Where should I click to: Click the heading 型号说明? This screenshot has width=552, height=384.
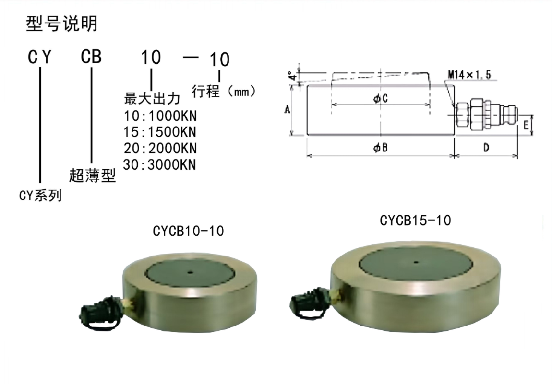point(61,24)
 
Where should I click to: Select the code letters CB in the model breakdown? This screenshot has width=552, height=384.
point(91,57)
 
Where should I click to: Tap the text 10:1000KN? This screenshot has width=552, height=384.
point(160,116)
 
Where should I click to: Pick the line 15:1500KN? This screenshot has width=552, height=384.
point(160,132)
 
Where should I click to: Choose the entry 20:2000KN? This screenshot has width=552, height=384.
point(160,148)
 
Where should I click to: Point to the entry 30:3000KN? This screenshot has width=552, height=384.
point(159,164)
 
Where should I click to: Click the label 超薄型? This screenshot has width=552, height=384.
point(92,175)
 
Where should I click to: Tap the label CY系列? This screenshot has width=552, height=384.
point(40,196)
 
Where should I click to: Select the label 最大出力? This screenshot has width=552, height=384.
point(152,99)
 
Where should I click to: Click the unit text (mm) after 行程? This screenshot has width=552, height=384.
point(241,92)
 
